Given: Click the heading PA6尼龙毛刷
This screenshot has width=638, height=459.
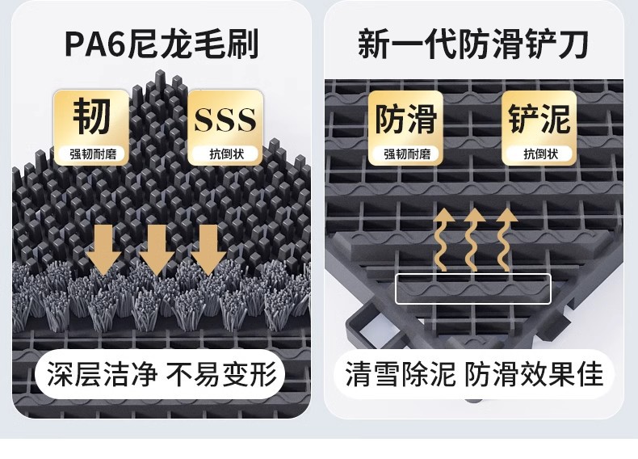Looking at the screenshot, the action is click(x=161, y=43).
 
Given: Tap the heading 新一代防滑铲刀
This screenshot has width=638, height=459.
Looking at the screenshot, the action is click(x=472, y=43).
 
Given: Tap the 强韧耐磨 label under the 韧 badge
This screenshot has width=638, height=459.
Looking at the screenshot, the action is click(x=91, y=153).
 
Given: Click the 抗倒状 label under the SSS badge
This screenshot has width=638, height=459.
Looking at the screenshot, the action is click(x=225, y=154).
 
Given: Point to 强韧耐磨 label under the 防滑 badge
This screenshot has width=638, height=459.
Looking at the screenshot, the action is click(x=405, y=154).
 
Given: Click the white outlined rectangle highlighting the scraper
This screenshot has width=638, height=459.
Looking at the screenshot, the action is click(x=472, y=288).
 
